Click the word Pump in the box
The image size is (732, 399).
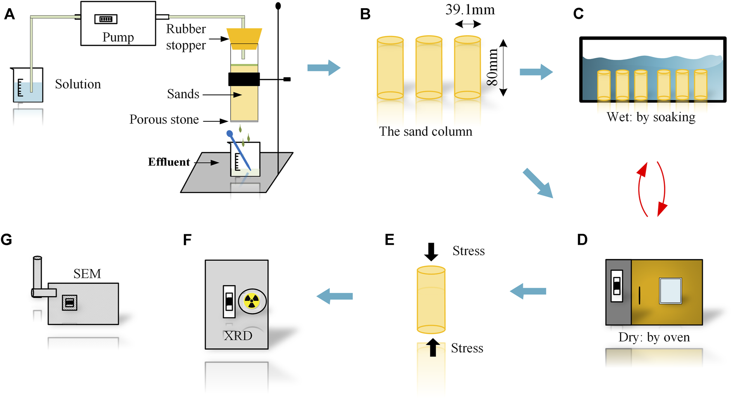(x=118, y=37)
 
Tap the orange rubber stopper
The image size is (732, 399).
(x=244, y=36)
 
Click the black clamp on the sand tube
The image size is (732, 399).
(x=244, y=79)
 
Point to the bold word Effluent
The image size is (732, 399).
(x=169, y=162)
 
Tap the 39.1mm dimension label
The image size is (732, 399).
(x=470, y=9)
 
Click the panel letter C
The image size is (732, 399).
(x=578, y=14)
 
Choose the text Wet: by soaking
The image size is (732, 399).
(x=651, y=117)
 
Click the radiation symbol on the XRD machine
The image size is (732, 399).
(x=252, y=301)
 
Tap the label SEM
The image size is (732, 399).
(x=87, y=274)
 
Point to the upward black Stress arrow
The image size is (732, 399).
(x=433, y=347)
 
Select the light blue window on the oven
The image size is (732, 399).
(x=670, y=291)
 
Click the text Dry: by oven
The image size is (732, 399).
(x=654, y=337)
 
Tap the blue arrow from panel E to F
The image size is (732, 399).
(x=335, y=296)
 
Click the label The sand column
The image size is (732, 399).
(x=425, y=132)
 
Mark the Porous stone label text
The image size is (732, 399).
(x=164, y=120)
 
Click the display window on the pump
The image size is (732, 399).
(x=106, y=19)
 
